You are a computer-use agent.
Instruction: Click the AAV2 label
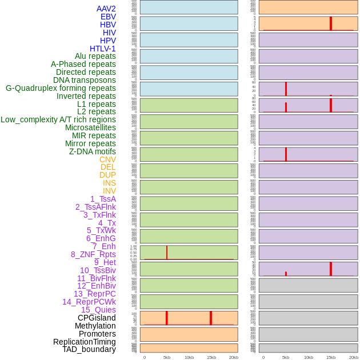point(106,9)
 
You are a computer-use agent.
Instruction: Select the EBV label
point(108,17)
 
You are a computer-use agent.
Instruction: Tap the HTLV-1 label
point(103,49)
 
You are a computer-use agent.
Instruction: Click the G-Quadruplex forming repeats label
point(61,88)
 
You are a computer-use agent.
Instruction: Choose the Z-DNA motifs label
point(93,151)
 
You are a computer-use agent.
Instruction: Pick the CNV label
point(107,159)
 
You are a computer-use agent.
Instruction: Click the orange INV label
point(109,191)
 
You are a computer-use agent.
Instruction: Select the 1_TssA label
point(103,199)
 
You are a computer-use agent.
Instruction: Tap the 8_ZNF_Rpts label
point(93,254)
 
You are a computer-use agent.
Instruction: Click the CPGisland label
point(97,318)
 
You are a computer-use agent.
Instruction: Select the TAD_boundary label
point(89,349)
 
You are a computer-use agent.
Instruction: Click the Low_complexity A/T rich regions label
point(58,119)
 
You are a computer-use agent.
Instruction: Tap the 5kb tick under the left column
point(167,357)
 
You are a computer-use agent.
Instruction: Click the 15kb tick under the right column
point(331,357)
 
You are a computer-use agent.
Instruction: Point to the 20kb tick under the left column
point(234,357)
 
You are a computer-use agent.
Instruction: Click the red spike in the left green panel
point(167,252)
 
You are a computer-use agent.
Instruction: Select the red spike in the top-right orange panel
point(331,23)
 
